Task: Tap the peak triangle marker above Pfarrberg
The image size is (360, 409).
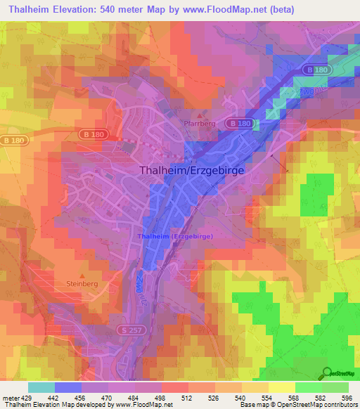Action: pyautogui.click(x=200, y=114)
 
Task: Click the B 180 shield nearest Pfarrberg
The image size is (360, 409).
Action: pyautogui.click(x=238, y=124)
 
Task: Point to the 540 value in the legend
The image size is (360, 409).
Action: pyautogui.click(x=240, y=397)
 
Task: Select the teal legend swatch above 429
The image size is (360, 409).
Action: pyautogui.click(x=41, y=387)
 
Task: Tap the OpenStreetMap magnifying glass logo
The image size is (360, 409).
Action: pyautogui.click(x=328, y=372)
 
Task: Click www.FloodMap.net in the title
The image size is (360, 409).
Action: pyautogui.click(x=227, y=9)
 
